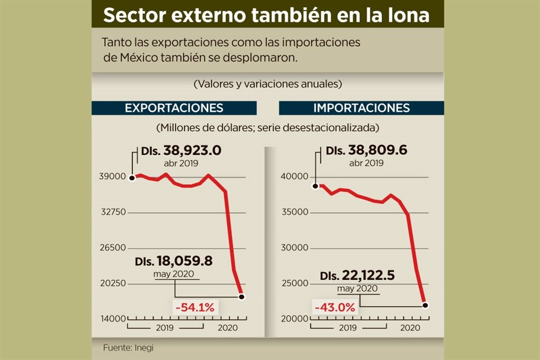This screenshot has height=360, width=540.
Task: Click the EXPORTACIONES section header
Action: (174, 108)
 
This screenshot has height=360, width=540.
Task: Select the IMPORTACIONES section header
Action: (361, 108)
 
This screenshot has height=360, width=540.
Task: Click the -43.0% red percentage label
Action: (335, 308)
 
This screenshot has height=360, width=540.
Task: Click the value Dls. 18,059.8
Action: (173, 262)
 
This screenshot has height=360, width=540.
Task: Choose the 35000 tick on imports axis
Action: (294, 213)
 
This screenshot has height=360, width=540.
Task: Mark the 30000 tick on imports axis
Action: (294, 248)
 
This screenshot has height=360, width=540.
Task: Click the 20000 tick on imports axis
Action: (294, 319)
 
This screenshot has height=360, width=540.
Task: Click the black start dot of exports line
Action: (132, 177)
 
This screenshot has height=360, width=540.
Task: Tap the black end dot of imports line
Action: (425, 305)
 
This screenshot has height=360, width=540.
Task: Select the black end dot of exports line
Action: (241, 296)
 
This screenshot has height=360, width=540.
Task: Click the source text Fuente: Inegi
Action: (128, 347)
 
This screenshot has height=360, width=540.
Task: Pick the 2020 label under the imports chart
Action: (409, 327)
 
